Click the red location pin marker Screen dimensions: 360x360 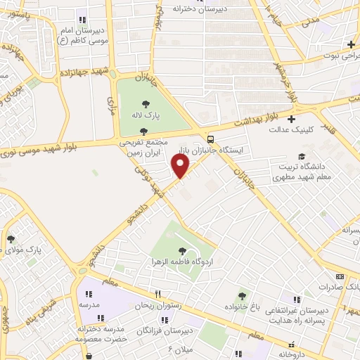click(180, 166)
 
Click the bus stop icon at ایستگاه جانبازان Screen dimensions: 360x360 click(211, 139)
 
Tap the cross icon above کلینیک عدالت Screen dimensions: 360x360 click(291, 119)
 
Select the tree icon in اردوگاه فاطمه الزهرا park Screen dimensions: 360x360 click(182, 250)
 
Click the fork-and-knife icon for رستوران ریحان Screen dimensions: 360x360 click(157, 295)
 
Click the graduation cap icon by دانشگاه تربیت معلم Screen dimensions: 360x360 click(302, 156)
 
